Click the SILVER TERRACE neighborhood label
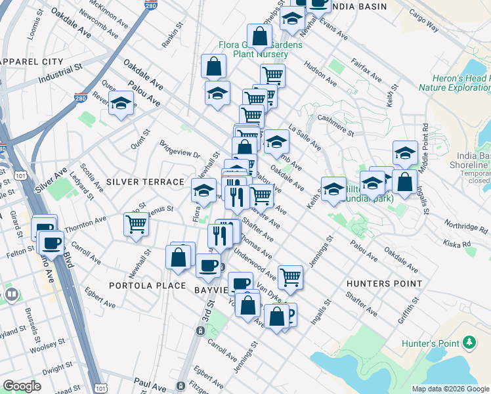click(x=145, y=181)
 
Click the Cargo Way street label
click(x=423, y=26)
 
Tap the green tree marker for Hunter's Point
click(x=469, y=341)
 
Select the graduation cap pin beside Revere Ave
click(x=121, y=103)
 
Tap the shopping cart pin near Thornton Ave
click(x=136, y=224)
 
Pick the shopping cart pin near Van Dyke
click(x=290, y=276)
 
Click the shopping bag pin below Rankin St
click(x=213, y=66)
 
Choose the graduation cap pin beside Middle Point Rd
click(x=405, y=153)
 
